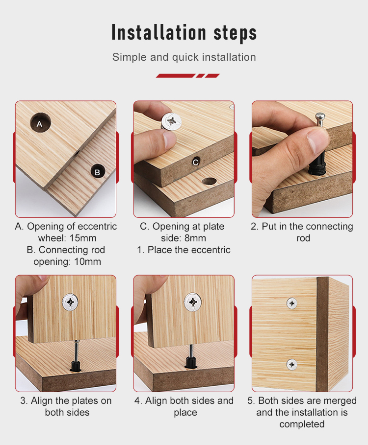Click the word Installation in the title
tap(158, 32)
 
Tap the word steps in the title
tap(235, 33)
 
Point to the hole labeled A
tap(40, 123)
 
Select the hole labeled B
tap(98, 172)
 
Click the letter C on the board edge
tap(196, 162)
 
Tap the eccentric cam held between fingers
tap(171, 121)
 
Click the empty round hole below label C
tap(209, 181)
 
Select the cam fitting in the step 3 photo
tap(70, 302)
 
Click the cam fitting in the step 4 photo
tap(193, 302)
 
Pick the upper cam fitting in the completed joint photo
tap(292, 304)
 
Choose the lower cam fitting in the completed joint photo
tap(292, 365)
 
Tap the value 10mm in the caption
tap(87, 261)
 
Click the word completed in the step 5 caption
tap(302, 424)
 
